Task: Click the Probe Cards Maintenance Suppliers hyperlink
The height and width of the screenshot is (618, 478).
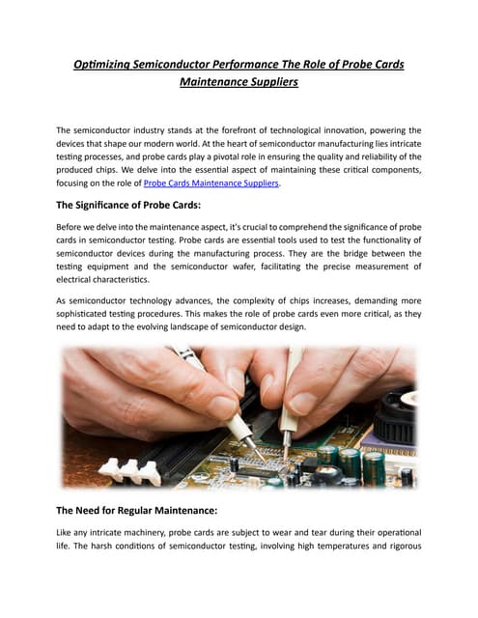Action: tap(210, 183)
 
